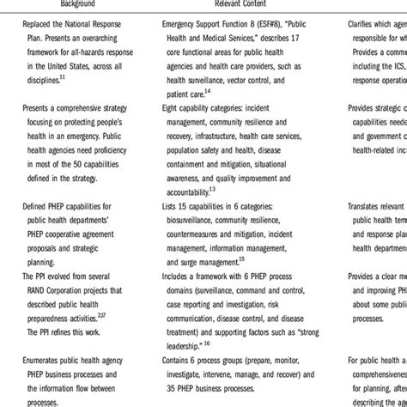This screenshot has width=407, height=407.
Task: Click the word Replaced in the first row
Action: click(44, 24)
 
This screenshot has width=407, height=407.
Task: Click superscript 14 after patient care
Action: click(212, 89)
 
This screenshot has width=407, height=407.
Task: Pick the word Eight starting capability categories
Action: click(172, 109)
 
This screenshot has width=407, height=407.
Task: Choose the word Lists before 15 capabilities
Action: click(172, 207)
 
